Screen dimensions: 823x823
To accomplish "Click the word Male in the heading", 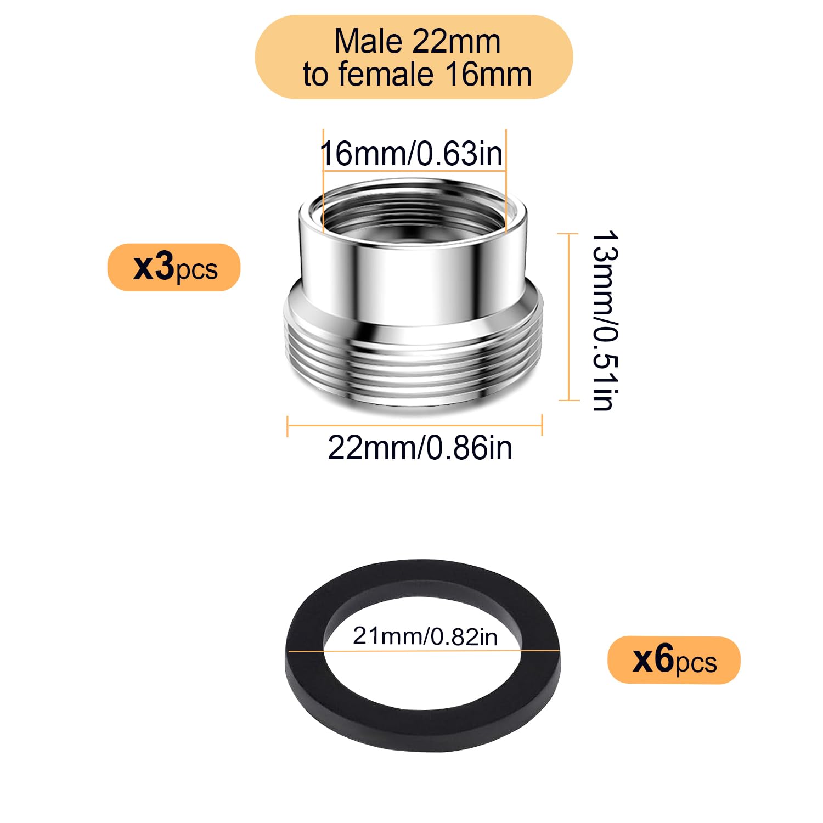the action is [x=368, y=41].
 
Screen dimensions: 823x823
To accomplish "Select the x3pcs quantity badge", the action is [x=174, y=267].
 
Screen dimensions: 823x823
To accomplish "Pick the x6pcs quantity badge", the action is [x=674, y=660].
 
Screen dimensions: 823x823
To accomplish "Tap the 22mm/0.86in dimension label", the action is [x=420, y=448].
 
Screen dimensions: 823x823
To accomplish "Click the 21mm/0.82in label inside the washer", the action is [x=425, y=636].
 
